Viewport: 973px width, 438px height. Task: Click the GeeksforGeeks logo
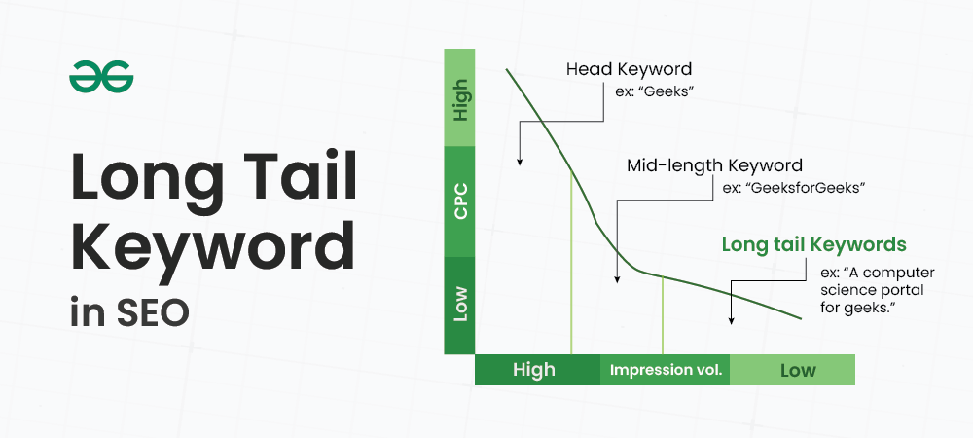click(x=100, y=77)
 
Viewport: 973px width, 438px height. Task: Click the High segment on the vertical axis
click(x=461, y=97)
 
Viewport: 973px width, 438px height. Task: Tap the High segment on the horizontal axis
click(x=534, y=370)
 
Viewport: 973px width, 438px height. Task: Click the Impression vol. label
click(x=666, y=370)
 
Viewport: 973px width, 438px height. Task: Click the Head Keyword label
click(x=629, y=70)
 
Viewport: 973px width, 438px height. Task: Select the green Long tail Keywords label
click(x=813, y=243)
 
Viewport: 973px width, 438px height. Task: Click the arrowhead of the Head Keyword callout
click(x=520, y=161)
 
